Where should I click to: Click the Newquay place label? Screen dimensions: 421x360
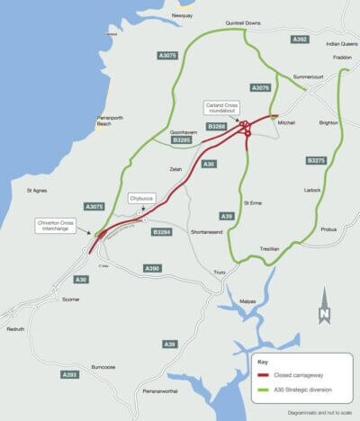click(181, 15)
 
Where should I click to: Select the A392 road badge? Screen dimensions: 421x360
click(301, 40)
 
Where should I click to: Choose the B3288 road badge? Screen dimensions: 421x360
click(217, 127)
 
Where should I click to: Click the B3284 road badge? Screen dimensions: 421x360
click(163, 232)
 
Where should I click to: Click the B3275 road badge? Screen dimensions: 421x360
click(315, 161)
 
